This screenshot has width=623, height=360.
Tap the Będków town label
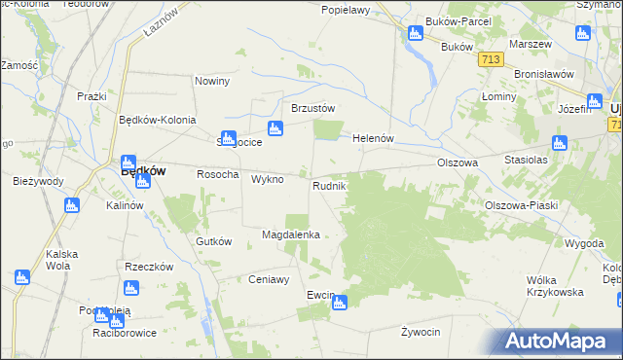[142, 170]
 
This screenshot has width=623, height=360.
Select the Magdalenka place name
[291, 234]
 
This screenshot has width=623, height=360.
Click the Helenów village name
[372, 138]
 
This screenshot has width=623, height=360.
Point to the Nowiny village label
[211, 81]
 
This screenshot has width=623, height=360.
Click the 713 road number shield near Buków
[491, 60]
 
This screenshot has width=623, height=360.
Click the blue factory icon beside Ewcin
[338, 304]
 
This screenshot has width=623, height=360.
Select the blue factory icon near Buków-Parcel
[416, 35]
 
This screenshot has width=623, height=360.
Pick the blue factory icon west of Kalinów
[71, 205]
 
